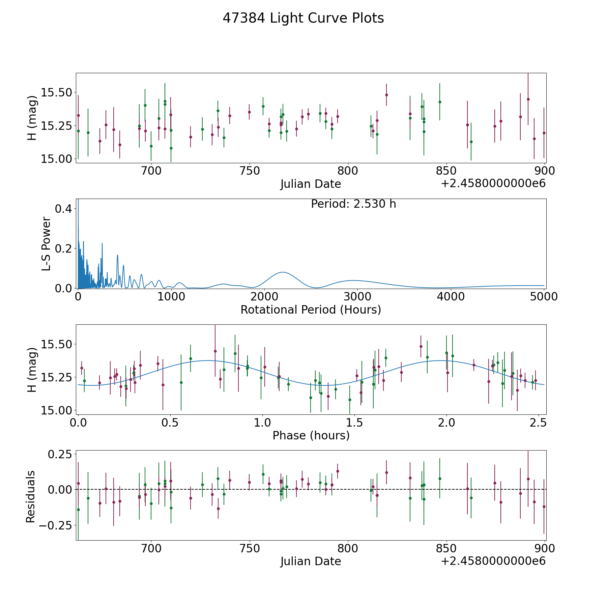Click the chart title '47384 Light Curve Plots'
coord(303,18)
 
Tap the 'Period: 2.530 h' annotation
coord(353,204)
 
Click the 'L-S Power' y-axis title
coord(46,244)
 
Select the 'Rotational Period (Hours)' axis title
coord(311,310)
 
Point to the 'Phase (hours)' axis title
coord(311,435)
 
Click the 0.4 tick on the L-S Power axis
coord(63,209)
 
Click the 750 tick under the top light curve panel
coord(249,171)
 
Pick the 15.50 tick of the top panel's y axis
coord(56,92)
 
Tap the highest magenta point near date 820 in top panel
coord(386,95)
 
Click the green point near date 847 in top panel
coord(440,102)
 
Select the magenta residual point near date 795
coord(338,471)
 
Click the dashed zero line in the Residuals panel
coord(311,489)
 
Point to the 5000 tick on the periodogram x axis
coord(544,296)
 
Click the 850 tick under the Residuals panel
coord(446,548)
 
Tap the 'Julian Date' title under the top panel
coord(311,184)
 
